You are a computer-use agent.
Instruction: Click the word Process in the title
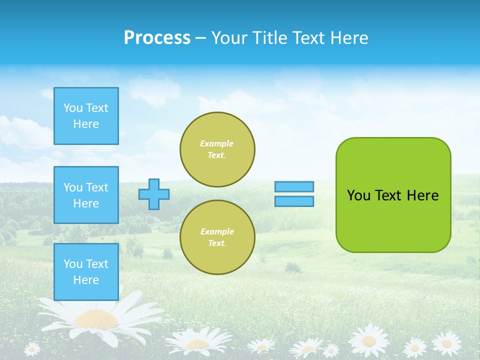click(157, 38)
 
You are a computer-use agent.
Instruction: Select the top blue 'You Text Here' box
click(86, 116)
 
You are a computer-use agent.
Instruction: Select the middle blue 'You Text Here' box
click(86, 195)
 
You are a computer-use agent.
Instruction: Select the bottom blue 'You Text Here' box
click(86, 272)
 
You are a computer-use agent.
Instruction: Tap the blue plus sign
click(154, 194)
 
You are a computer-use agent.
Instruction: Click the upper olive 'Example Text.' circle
click(217, 149)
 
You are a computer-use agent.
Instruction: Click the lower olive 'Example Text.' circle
click(217, 237)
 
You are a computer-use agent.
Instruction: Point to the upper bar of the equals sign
click(294, 186)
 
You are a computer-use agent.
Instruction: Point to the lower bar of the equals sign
click(294, 201)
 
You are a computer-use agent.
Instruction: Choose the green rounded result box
click(393, 220)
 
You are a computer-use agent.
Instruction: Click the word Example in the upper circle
click(216, 143)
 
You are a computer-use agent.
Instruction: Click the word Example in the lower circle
click(216, 231)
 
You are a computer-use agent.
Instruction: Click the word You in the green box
click(358, 195)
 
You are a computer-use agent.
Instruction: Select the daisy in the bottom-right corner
click(446, 343)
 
